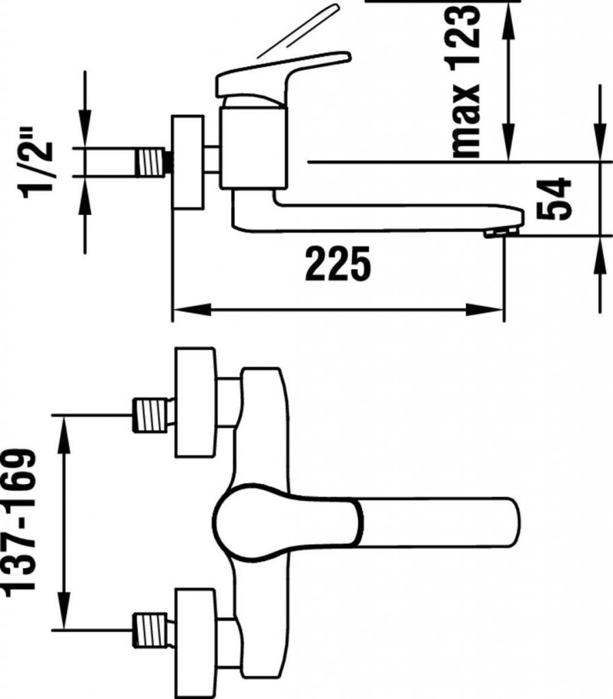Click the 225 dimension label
point(338,264)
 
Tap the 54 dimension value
point(554,199)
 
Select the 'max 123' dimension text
point(466,81)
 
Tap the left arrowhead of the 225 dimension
point(191,309)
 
